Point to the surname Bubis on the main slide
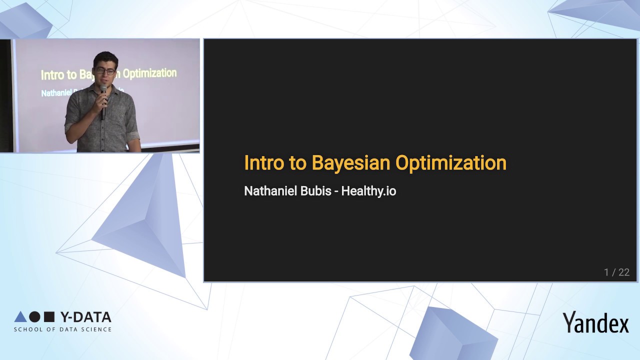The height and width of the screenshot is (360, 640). pyautogui.click(x=315, y=191)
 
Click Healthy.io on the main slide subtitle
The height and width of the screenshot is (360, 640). pyautogui.click(x=368, y=191)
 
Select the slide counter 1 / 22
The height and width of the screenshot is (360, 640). pyautogui.click(x=616, y=272)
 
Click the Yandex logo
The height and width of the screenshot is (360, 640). pyautogui.click(x=595, y=322)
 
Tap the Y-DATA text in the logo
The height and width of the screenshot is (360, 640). pyautogui.click(x=85, y=317)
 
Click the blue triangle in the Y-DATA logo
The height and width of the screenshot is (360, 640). pyautogui.click(x=20, y=316)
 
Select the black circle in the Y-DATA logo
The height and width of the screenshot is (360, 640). pyautogui.click(x=34, y=316)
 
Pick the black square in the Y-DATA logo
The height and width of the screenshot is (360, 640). pyautogui.click(x=49, y=316)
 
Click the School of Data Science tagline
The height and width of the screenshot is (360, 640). pyautogui.click(x=62, y=329)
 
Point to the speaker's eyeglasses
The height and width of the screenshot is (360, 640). pyautogui.click(x=105, y=71)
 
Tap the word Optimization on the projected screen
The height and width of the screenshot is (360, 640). pyautogui.click(x=149, y=73)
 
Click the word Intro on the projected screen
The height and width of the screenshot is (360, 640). pyautogui.click(x=52, y=75)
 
